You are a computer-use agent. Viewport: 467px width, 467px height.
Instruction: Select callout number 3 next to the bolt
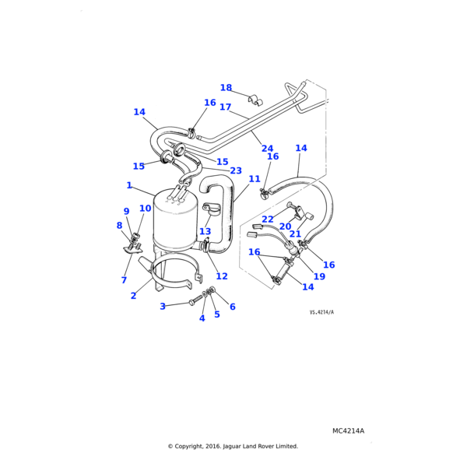pos(163,307)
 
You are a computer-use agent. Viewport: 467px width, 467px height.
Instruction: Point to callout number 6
pos(232,307)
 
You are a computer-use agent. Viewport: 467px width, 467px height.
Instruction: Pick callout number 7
pos(124,280)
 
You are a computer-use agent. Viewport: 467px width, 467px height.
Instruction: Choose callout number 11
pos(255,201)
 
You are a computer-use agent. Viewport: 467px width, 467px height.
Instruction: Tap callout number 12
pos(222,276)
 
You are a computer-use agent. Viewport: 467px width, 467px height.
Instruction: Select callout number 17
pos(225,107)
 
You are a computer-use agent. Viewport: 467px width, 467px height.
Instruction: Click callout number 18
pos(226,88)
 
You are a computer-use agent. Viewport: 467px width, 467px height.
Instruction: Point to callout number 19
pos(319,276)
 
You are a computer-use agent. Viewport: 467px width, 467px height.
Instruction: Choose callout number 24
pos(267,149)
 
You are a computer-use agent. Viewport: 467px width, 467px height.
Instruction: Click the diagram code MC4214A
pos(348,430)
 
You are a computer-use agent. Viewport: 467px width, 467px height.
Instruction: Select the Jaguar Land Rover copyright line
pos(233,446)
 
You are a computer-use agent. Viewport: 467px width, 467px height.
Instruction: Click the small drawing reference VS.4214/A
pos(321,312)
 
